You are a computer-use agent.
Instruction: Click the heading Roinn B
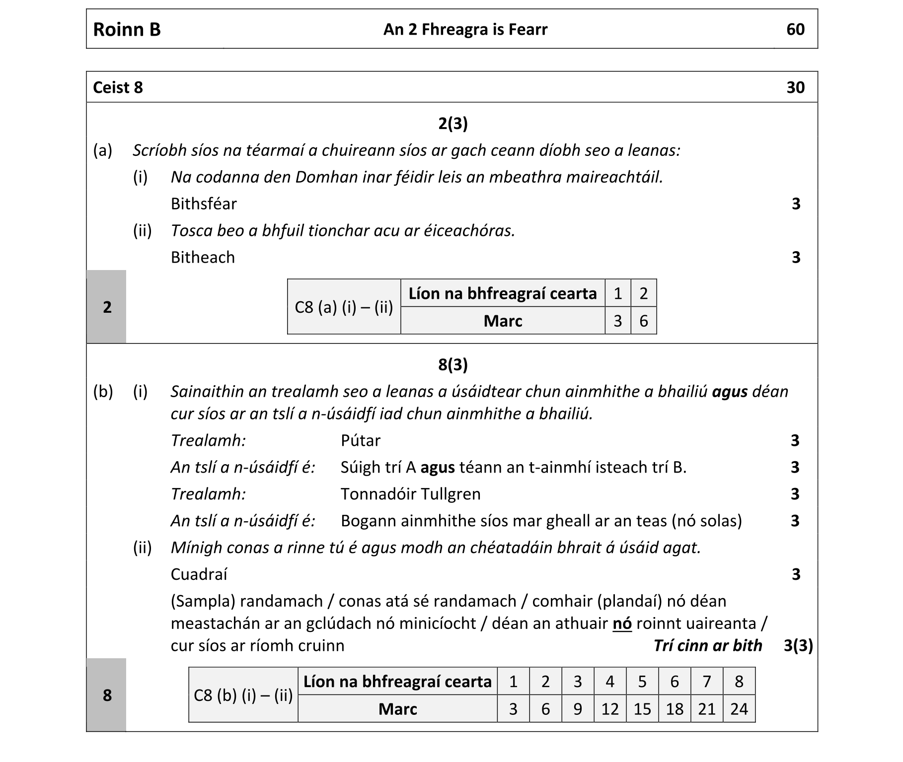point(127,29)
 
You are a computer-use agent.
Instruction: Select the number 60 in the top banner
point(795,29)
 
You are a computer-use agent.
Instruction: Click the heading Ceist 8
point(118,87)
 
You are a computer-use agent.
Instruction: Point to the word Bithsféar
point(204,204)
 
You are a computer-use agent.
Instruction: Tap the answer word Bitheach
point(203,257)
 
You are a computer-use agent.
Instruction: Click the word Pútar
point(361,440)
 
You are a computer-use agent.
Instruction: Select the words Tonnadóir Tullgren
point(410,494)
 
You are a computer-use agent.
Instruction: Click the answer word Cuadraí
point(199,574)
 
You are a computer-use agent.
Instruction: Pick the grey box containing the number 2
point(107,307)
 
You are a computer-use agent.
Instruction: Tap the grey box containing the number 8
point(107,695)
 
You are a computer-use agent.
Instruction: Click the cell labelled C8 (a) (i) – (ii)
point(344,307)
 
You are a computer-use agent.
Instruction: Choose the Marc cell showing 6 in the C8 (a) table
point(643,321)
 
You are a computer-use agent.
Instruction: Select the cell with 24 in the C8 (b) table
point(739,709)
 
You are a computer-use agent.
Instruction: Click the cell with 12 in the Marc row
point(609,709)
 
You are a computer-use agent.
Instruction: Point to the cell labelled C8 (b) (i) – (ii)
point(243,695)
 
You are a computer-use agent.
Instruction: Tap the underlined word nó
point(622,623)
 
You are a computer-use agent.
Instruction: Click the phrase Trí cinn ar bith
point(707,645)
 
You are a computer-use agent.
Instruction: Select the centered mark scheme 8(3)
point(452,364)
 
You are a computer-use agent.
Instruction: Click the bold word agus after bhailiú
point(730,392)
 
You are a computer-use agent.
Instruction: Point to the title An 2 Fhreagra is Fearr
point(465,29)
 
